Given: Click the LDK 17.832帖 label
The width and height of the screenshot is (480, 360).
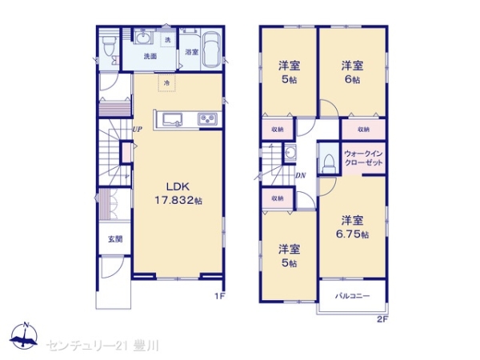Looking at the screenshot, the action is (178, 193).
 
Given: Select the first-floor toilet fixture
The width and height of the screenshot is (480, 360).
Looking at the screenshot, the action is (109, 46).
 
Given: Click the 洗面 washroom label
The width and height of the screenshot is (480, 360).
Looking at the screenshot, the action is (150, 56).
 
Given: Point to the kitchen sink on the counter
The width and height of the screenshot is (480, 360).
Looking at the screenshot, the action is (172, 119).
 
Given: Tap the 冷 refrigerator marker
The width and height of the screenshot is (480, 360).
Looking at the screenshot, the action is (167, 82).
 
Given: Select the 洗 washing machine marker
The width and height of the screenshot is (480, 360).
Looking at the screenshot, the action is (167, 39).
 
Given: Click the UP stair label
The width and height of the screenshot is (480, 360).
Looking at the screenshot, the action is (137, 129).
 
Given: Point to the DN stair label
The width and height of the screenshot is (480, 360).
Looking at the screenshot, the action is (301, 176).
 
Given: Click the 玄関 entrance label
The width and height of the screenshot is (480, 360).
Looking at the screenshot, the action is (115, 239).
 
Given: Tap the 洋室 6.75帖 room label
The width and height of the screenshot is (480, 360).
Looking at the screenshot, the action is (352, 227).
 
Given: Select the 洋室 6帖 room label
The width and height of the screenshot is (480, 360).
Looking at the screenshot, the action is (352, 73).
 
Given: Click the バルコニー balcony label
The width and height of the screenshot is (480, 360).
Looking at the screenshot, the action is (353, 296).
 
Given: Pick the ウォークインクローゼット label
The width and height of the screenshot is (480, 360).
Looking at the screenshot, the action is (364, 158).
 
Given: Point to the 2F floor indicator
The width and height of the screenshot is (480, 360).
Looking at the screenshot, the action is (382, 319).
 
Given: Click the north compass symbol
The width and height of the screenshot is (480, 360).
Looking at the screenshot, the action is (24, 336).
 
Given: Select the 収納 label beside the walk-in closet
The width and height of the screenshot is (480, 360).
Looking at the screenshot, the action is (363, 130).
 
